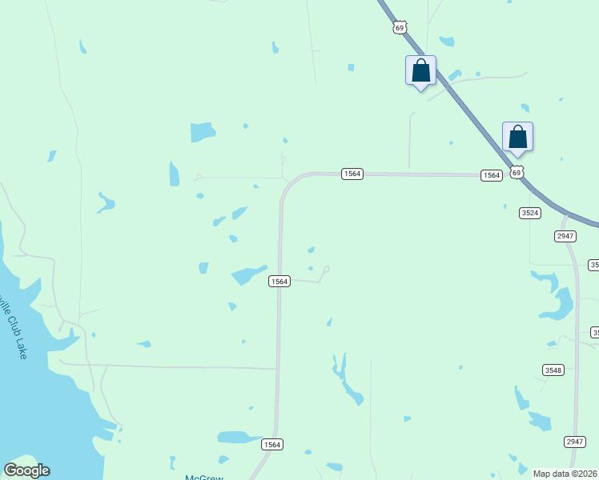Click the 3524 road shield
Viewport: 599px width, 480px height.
pos(530,213)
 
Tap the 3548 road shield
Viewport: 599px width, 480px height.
pos(553,370)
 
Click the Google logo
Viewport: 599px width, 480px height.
pos(26,470)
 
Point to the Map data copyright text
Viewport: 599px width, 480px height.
pos(565,474)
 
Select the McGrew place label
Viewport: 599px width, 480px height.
pos(203,478)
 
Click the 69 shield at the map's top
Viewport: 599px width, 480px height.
pos(400,28)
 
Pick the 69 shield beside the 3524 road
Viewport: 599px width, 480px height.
pos(517,173)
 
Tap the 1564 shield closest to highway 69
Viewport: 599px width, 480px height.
pos(492,175)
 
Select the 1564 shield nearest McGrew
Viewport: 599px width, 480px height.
pos(272,444)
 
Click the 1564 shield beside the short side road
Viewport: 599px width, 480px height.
pos(279,281)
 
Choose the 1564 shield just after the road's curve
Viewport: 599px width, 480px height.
pos(352,174)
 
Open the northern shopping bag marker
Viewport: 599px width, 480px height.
pos(420,71)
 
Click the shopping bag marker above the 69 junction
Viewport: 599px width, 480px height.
pos(518,137)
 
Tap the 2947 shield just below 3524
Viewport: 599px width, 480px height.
pos(565,236)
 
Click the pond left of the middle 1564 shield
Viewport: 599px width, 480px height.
pos(248,275)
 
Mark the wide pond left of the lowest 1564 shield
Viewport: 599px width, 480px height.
pos(238,438)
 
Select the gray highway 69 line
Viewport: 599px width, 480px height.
pos(464,104)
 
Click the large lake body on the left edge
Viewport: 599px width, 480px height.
pos(32,400)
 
